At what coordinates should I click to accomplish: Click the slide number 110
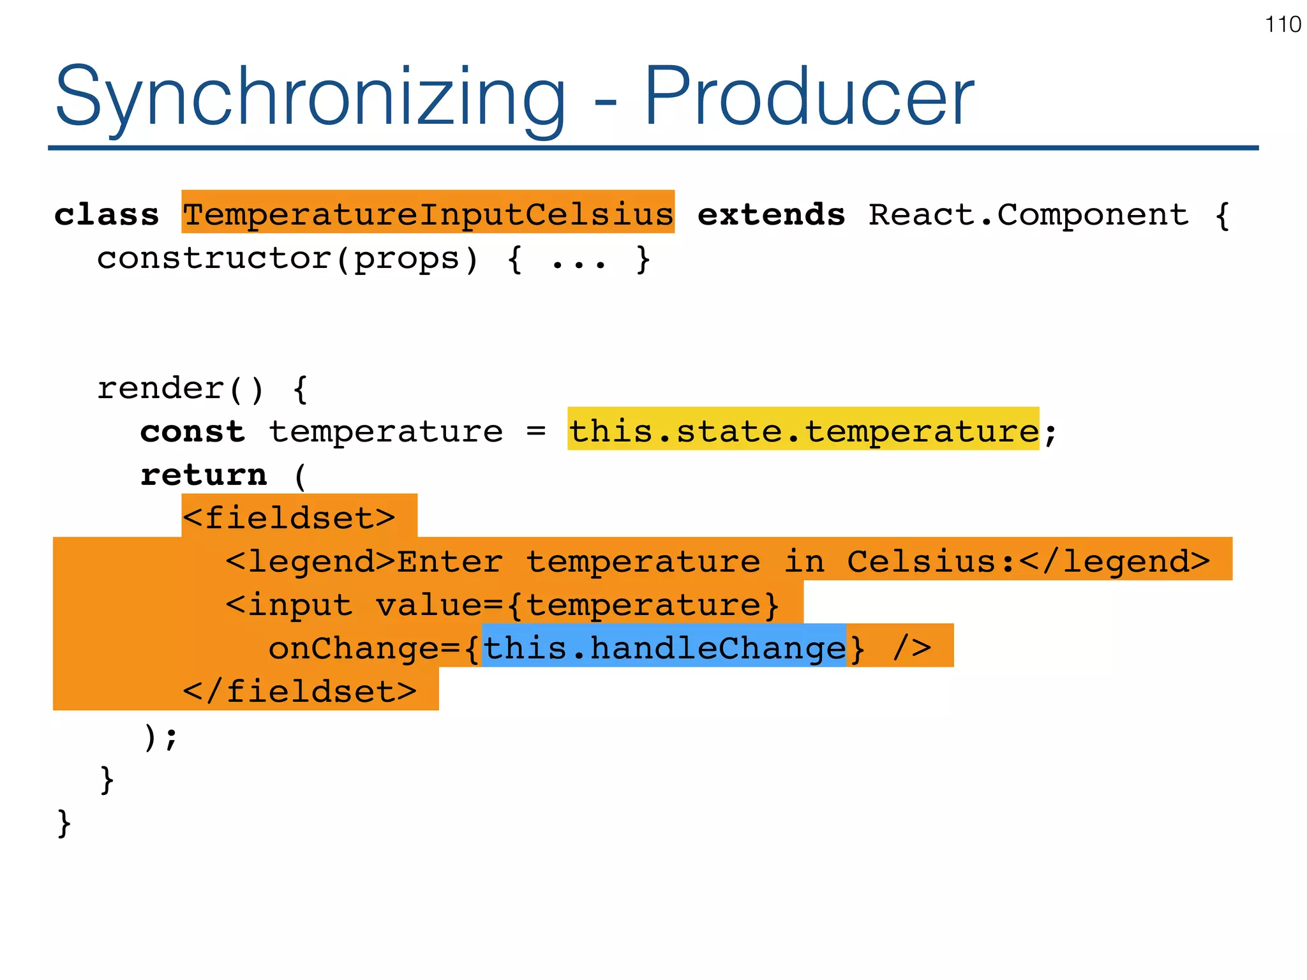[x=1282, y=25]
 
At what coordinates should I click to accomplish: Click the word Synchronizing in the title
[x=310, y=97]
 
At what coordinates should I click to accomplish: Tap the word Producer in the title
[x=809, y=97]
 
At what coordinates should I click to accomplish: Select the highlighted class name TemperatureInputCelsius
[x=428, y=213]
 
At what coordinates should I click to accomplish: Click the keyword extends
[x=771, y=214]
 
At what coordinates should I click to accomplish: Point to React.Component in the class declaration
[x=1028, y=214]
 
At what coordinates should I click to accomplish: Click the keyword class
[x=107, y=214]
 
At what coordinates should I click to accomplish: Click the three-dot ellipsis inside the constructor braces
[x=578, y=260]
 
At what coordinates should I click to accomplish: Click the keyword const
[x=192, y=432]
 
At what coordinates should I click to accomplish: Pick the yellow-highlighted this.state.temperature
[x=803, y=431]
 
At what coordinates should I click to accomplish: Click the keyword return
[x=204, y=475]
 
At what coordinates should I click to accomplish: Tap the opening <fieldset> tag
[x=289, y=517]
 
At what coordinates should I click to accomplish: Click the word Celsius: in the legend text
[x=930, y=561]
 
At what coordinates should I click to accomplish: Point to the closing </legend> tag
[x=1114, y=561]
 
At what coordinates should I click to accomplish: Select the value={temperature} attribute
[x=577, y=604]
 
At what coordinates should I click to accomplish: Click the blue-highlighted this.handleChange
[x=664, y=648]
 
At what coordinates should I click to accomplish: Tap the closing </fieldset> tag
[x=300, y=691]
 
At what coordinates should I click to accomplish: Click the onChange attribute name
[x=354, y=648]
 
